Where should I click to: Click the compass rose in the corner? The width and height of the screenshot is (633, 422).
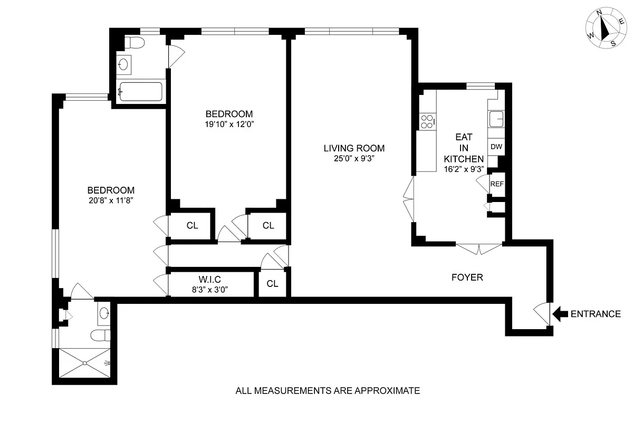coord(606,28)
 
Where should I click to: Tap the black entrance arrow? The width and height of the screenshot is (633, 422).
coord(560,314)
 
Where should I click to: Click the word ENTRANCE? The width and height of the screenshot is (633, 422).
coord(596,314)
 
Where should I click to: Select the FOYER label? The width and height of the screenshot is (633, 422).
coord(467,277)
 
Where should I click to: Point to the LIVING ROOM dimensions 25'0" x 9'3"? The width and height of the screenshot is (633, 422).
coord(354,158)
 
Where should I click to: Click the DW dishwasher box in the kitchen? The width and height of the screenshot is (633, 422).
coord(496,147)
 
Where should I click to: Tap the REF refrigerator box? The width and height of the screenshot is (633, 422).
coord(497,184)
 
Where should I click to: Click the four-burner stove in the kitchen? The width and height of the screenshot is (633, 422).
coord(428,121)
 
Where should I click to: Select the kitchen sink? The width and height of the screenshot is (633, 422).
coord(496,119)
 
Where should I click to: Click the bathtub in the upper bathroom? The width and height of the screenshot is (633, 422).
coord(141,92)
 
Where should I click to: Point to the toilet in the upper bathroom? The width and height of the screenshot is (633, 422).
coord(134,43)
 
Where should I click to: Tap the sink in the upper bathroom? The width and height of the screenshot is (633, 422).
coord(123,65)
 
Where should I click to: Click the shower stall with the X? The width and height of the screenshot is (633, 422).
coord(85,363)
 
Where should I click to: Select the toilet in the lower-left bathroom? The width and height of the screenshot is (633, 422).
coord(101,335)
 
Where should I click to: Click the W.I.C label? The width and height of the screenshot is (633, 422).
coord(210,279)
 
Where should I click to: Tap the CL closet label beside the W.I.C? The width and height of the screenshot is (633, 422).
coord(272,283)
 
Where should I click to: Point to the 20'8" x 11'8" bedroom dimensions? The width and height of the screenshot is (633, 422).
coord(111,200)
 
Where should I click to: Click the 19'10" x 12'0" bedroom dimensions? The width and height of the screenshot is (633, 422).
coord(229,124)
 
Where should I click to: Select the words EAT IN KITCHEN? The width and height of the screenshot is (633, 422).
coord(464,148)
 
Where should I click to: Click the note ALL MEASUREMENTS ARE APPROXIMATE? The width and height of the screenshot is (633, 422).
coord(328,391)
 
